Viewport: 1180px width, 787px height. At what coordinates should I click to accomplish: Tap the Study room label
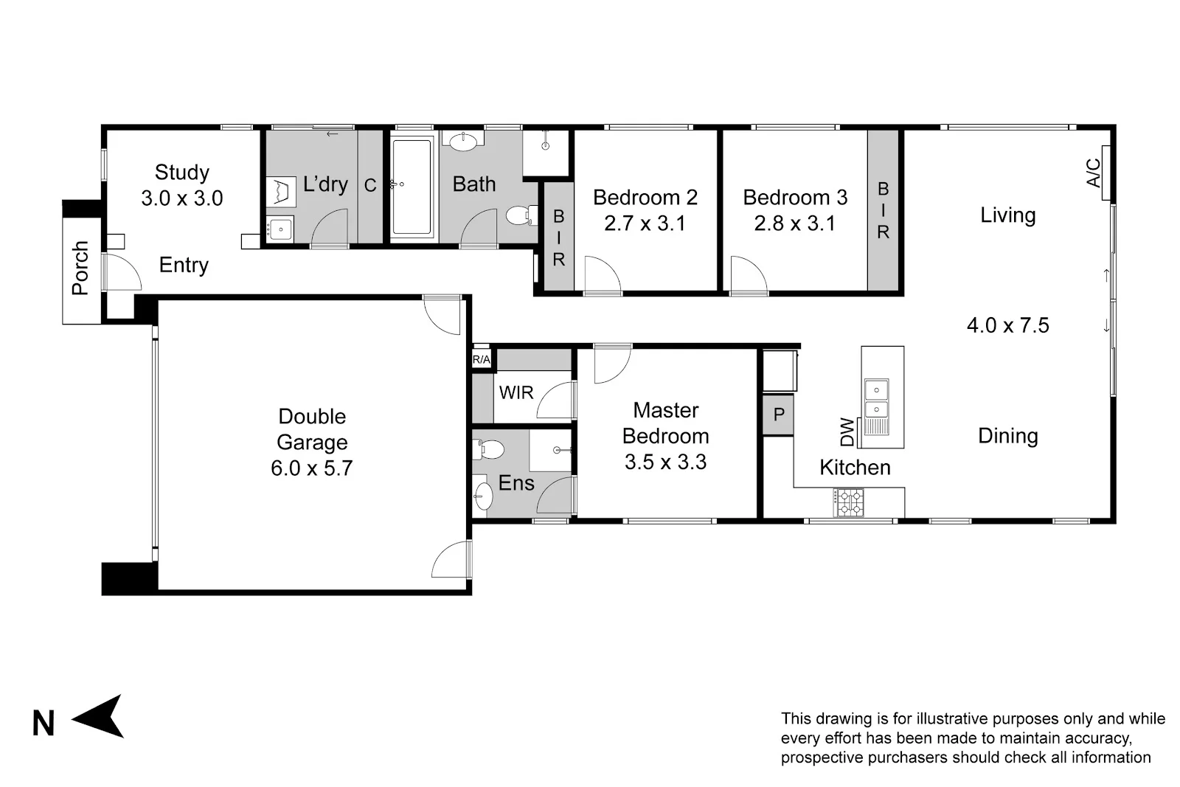click(x=181, y=173)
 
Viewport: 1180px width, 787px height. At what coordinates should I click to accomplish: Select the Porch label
click(x=80, y=268)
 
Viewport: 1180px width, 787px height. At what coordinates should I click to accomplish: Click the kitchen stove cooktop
click(x=848, y=502)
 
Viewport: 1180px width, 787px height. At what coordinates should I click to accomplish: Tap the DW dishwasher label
click(x=847, y=432)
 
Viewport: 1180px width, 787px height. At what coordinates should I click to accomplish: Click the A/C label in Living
click(x=1094, y=173)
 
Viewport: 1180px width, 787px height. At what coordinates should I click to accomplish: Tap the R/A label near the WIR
click(x=481, y=360)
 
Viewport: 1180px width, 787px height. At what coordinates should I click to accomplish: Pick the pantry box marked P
click(x=778, y=415)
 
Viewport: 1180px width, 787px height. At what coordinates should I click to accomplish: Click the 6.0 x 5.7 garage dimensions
click(x=312, y=468)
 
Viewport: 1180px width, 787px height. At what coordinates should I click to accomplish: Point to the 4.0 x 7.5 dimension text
click(x=1007, y=325)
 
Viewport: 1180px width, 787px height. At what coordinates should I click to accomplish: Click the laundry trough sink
click(x=281, y=229)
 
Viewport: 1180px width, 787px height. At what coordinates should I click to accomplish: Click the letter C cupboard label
click(x=370, y=185)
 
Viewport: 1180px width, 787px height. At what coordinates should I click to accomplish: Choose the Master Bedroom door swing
click(x=613, y=364)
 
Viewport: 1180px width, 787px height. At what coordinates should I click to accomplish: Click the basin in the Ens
click(x=482, y=495)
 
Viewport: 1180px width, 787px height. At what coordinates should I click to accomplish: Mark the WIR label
click(x=516, y=392)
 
